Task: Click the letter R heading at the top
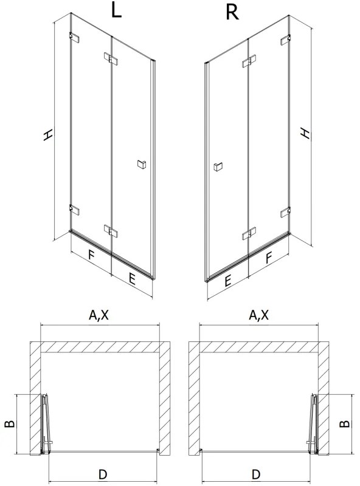pos(232,12)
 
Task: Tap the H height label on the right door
pos(308,133)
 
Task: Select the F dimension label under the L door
pos(91,255)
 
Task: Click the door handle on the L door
pos(141,163)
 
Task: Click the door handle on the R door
pos(218,166)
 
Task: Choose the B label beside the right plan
pos(344,423)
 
